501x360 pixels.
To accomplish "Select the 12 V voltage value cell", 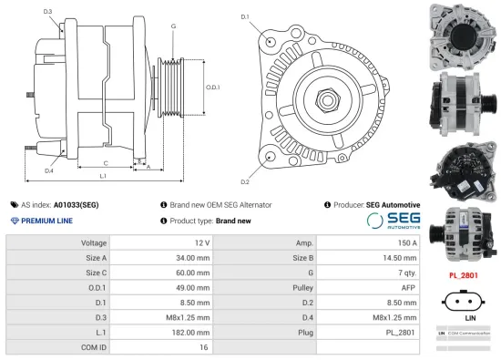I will coord(200,243).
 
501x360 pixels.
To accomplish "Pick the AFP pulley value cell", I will coord(407,287).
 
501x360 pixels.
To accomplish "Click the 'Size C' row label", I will coord(94,273).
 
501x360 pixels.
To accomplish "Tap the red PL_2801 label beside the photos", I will coord(463,274).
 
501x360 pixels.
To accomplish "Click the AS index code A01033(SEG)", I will coord(76,205).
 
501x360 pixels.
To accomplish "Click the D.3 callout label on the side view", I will coord(47,11).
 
